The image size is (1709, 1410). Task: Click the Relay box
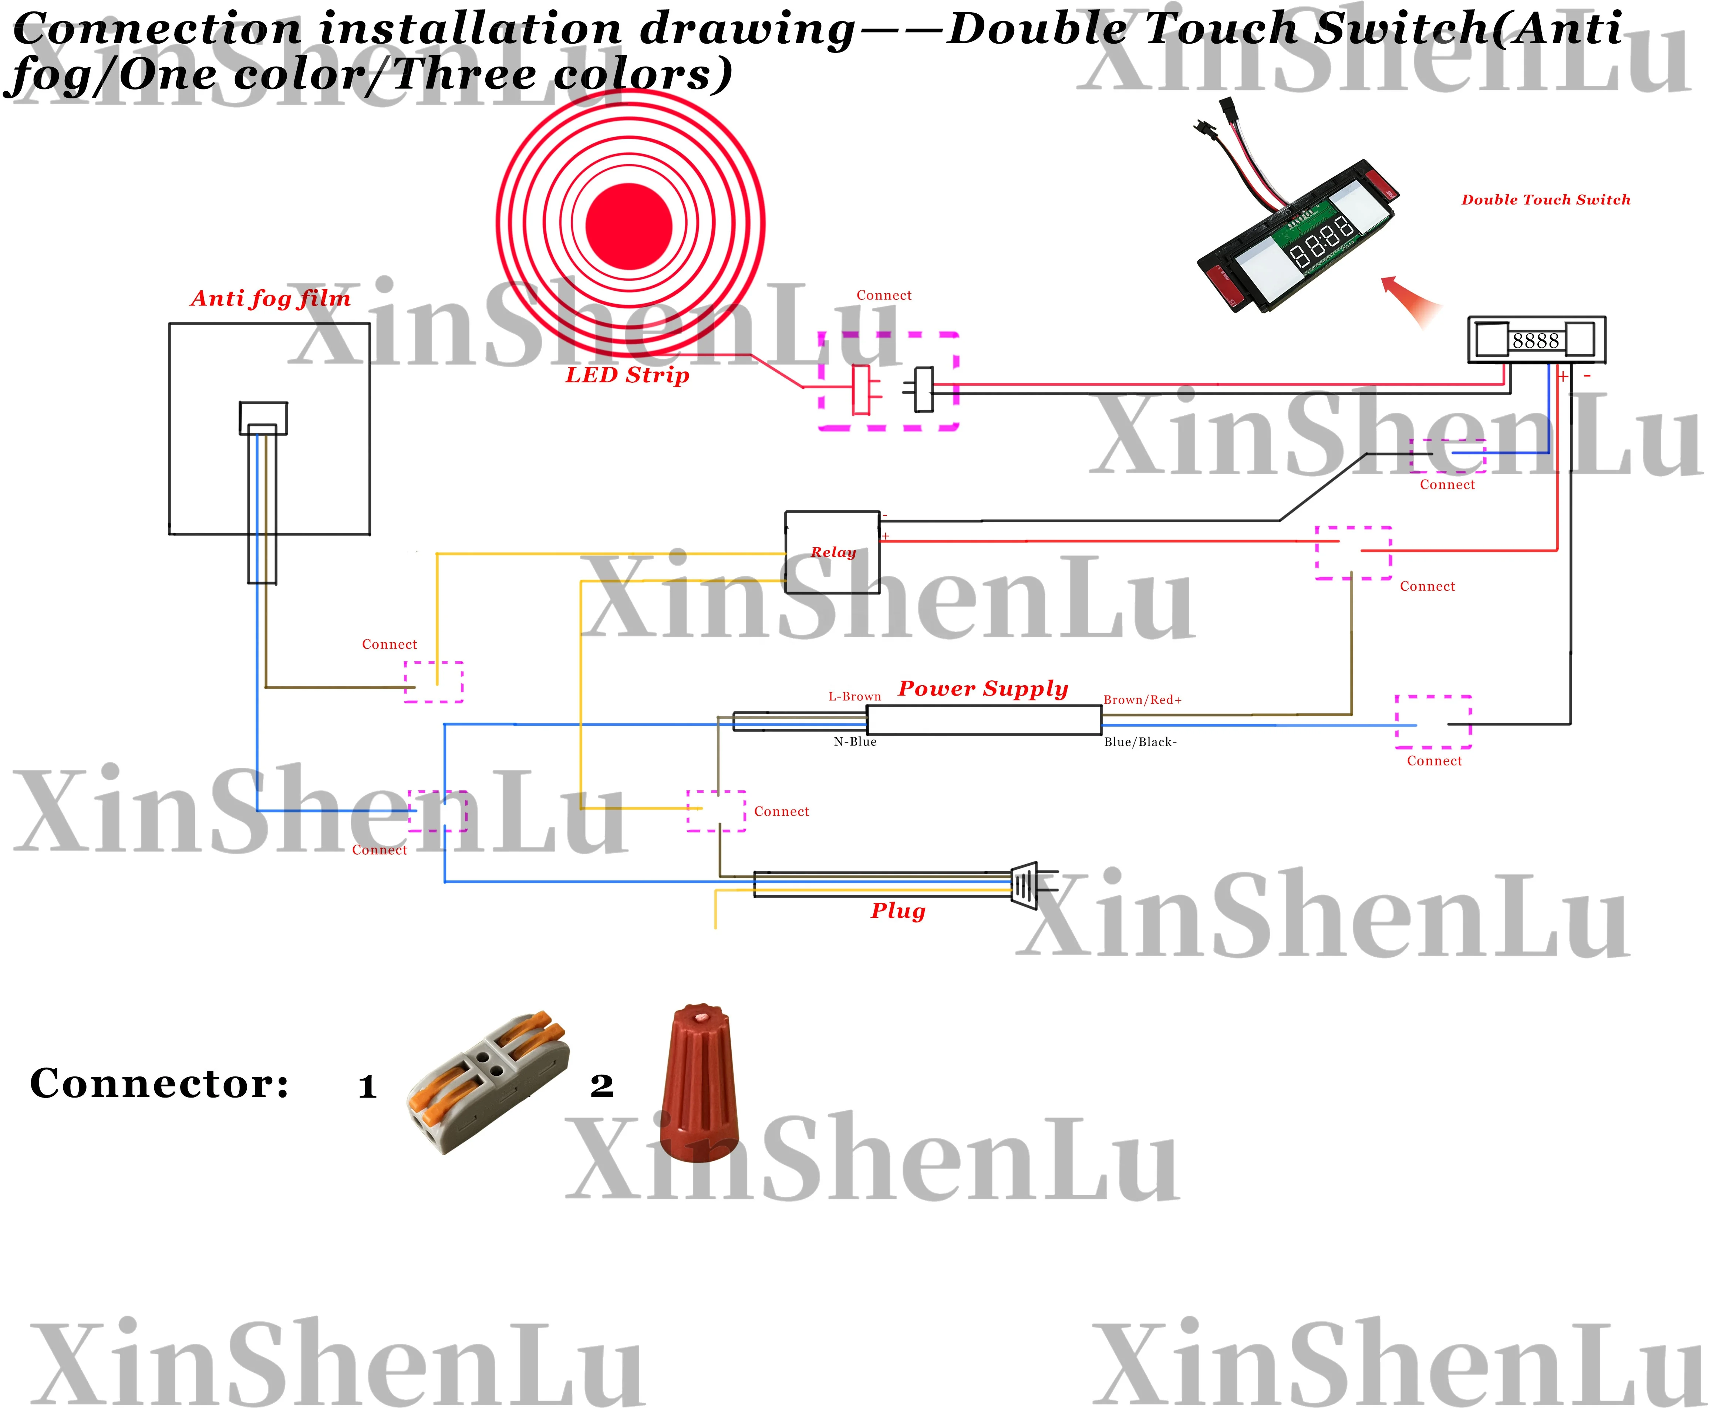coord(832,552)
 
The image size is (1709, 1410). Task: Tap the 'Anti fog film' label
coord(270,299)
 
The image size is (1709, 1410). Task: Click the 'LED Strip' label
coord(627,375)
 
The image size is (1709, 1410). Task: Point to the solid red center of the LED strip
coord(629,226)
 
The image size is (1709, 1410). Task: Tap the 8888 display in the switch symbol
coord(1535,340)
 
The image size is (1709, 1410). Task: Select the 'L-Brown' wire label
coord(854,697)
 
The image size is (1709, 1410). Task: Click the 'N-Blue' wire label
coord(854,741)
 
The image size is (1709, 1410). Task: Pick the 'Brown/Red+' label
coord(1142,700)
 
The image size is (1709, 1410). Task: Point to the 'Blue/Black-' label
coord(1140,741)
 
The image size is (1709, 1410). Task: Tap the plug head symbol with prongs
coord(1028,885)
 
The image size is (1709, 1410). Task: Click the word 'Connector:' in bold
coord(159,1083)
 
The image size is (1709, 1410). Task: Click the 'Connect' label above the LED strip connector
coord(884,296)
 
